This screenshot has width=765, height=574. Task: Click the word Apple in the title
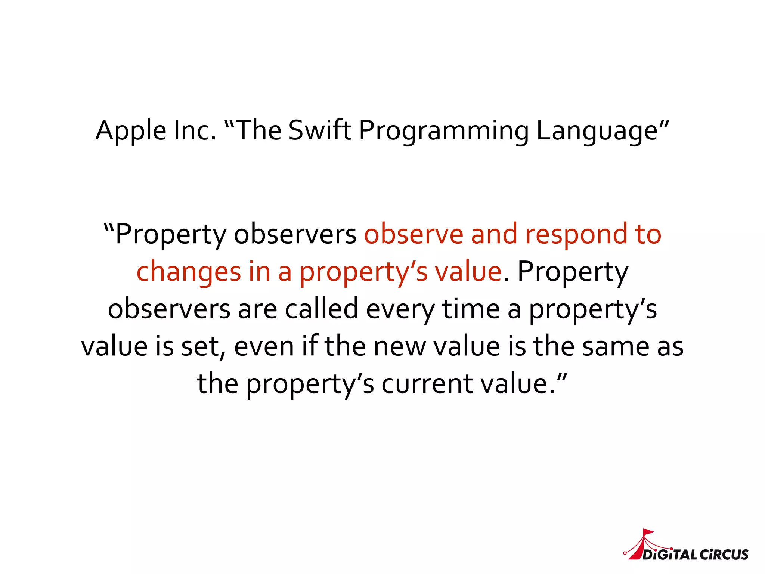pyautogui.click(x=131, y=131)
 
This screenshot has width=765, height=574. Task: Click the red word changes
pyautogui.click(x=189, y=272)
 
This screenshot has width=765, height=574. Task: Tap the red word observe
pyautogui.click(x=414, y=235)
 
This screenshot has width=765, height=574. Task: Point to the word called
pyautogui.click(x=321, y=309)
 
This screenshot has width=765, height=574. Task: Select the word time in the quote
pyautogui.click(x=471, y=309)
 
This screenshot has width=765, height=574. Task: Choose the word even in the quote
pyautogui.click(x=264, y=347)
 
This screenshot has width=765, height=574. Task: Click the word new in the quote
pyautogui.click(x=400, y=347)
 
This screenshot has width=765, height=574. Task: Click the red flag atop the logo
pyautogui.click(x=648, y=531)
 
